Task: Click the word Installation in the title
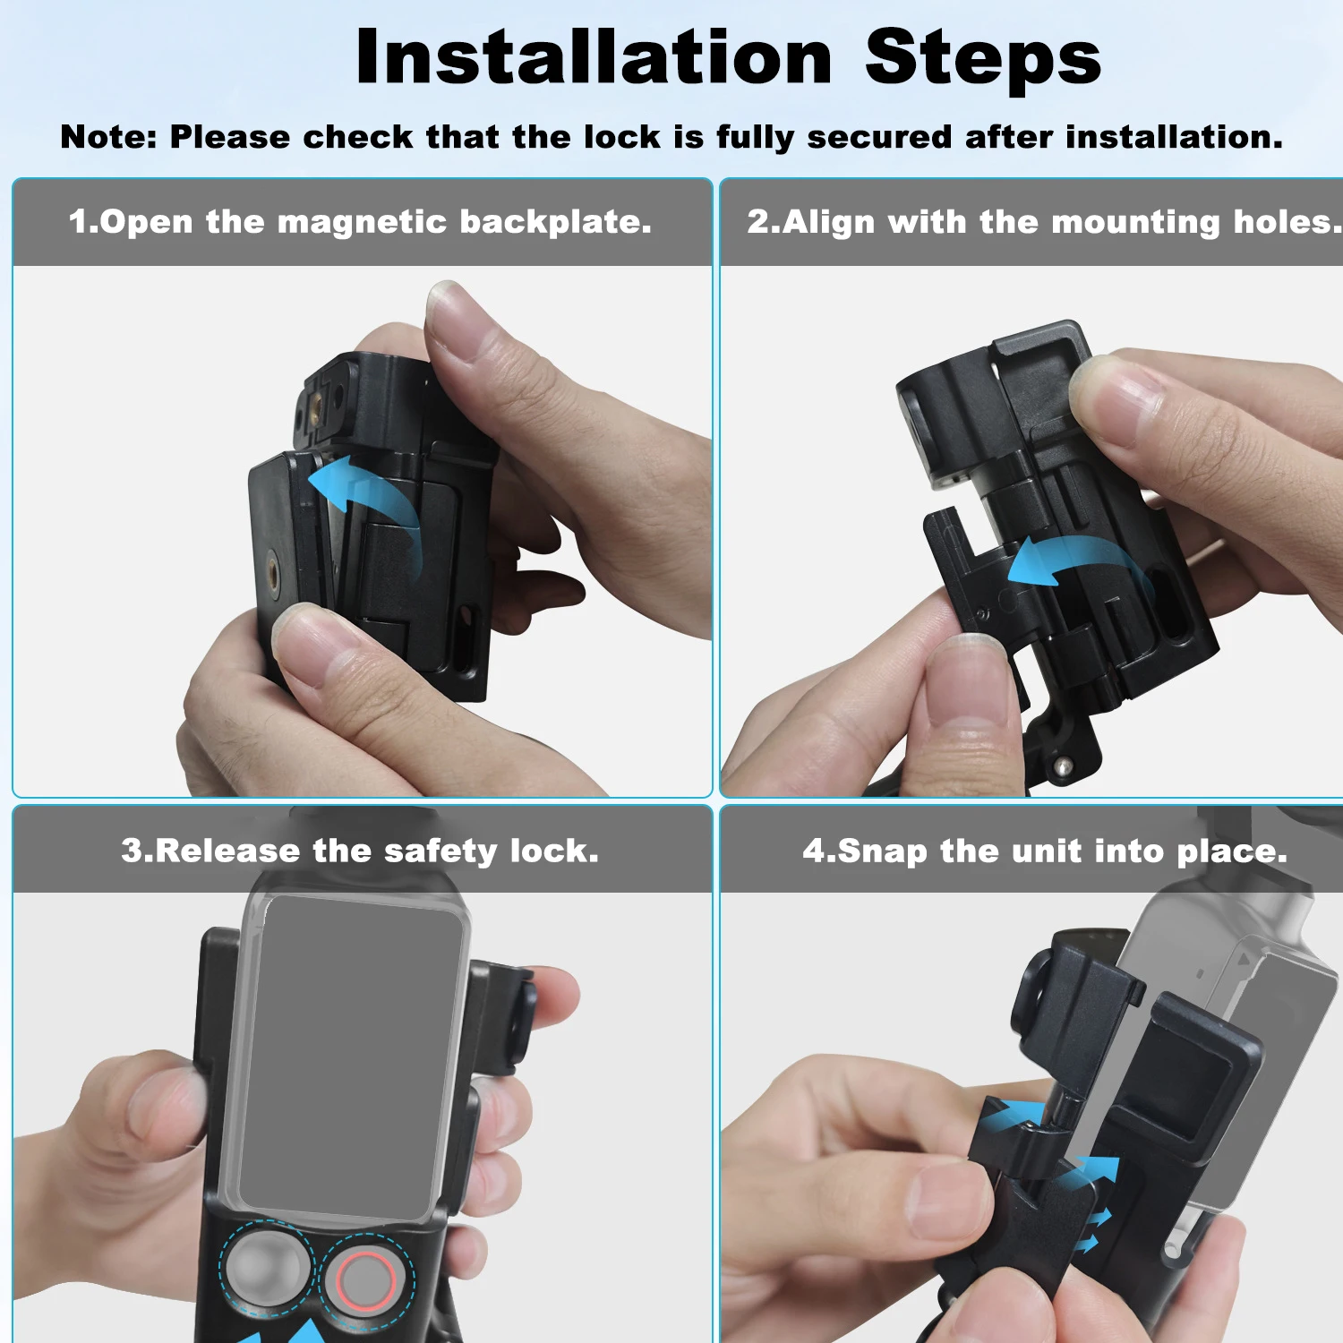click(x=594, y=57)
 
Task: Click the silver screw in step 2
click(x=1062, y=766)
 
